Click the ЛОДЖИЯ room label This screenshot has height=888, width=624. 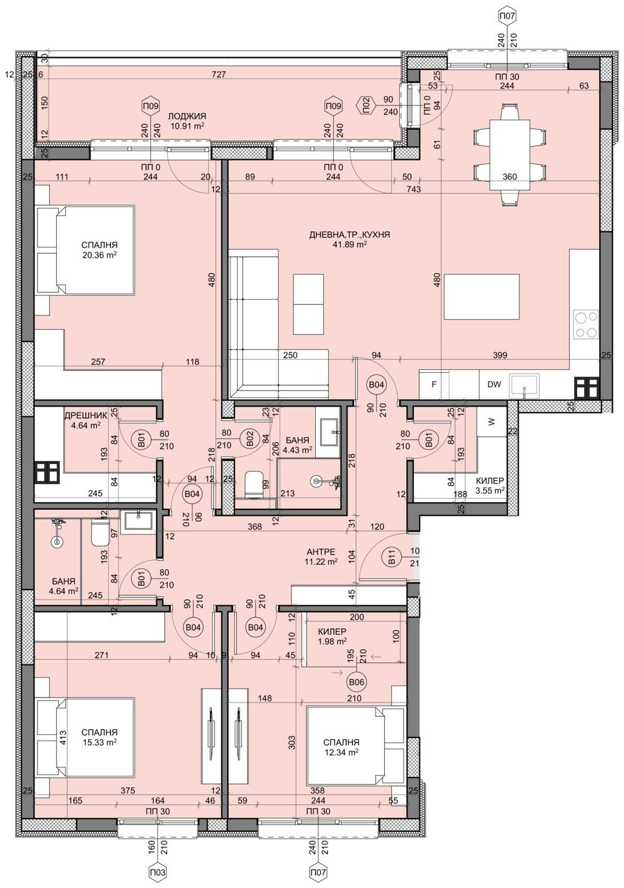(x=187, y=116)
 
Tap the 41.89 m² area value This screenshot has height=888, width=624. (x=349, y=244)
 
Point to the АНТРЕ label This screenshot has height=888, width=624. (x=321, y=552)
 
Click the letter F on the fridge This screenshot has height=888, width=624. (x=434, y=385)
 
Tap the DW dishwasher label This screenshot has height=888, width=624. (x=494, y=385)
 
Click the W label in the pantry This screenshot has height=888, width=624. (x=492, y=422)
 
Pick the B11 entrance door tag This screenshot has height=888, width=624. (x=391, y=557)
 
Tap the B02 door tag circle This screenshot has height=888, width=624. (x=250, y=440)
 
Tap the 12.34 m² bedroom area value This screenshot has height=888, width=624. (x=341, y=753)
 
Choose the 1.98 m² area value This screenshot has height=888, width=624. (x=333, y=641)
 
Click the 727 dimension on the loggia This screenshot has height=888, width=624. (x=218, y=75)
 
